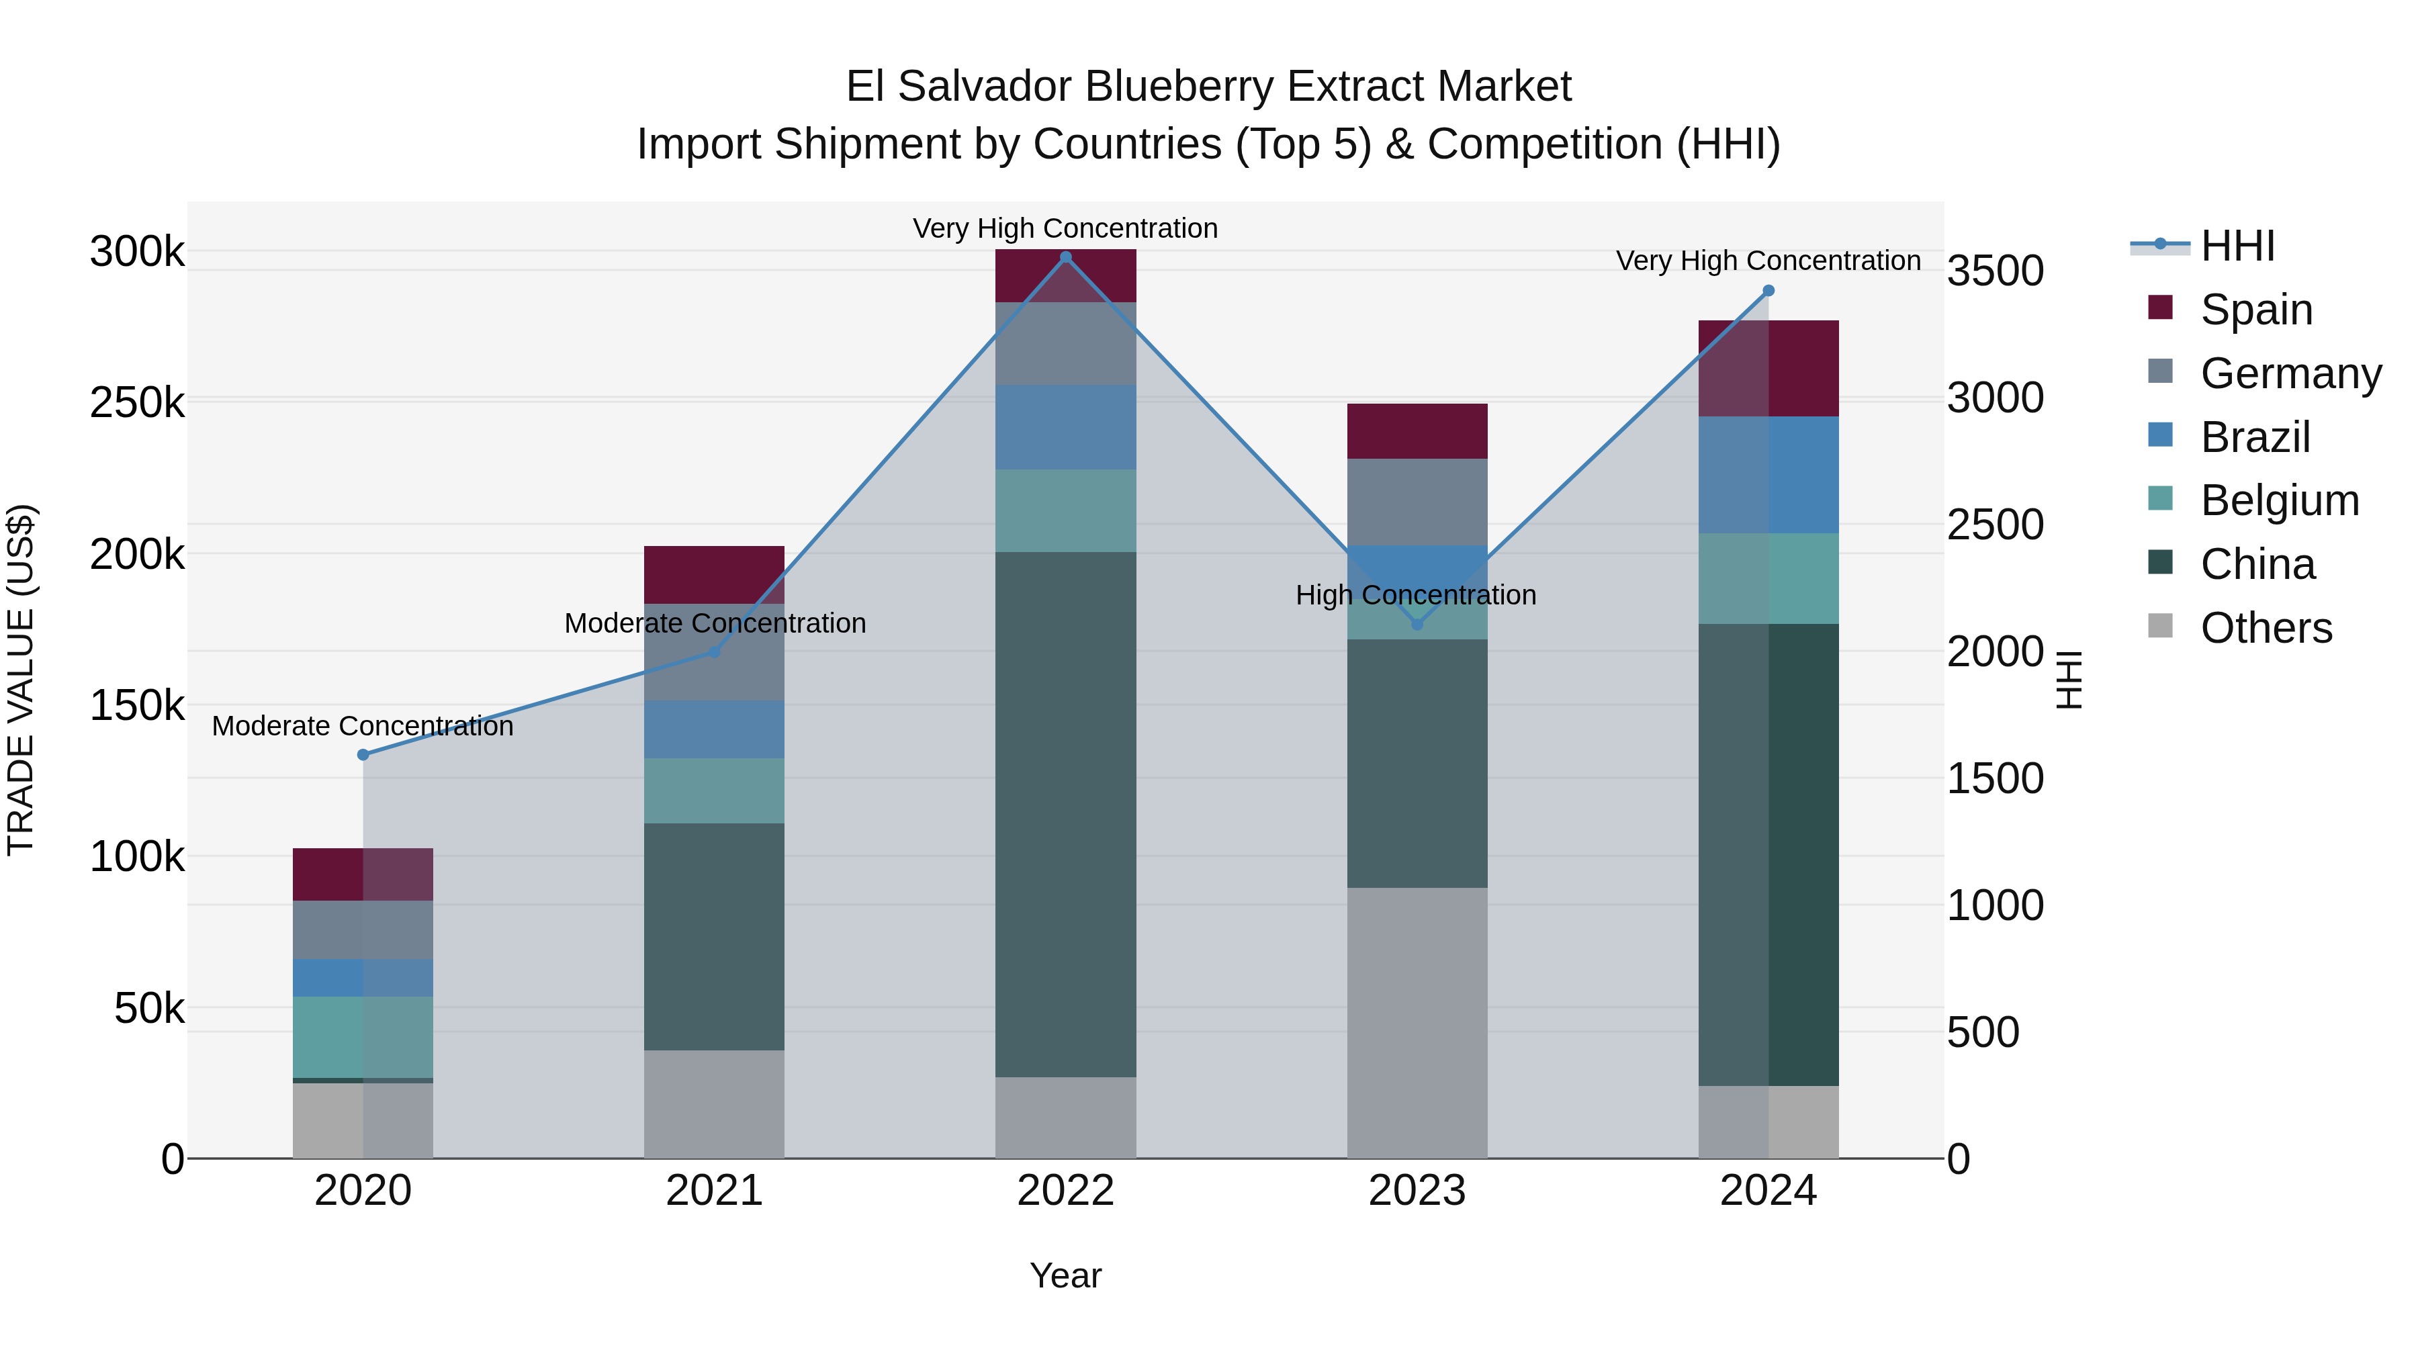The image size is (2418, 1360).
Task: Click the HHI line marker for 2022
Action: point(1065,257)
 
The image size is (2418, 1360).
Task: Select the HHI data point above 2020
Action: point(363,755)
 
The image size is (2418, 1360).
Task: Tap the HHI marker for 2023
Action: point(1417,624)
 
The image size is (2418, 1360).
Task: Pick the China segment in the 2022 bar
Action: point(1065,814)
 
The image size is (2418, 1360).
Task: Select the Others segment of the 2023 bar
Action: point(1417,1022)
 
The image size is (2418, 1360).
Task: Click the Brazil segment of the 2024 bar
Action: point(1768,475)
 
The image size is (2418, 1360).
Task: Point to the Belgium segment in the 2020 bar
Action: point(363,1037)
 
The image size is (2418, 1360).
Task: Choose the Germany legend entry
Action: point(2290,373)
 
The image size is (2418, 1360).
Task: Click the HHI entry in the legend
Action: point(2237,246)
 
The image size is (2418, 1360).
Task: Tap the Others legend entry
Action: point(2266,628)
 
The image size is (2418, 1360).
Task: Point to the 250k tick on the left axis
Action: point(137,404)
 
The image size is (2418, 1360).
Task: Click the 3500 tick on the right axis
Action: point(1995,271)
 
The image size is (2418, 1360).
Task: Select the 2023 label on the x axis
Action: point(1417,1191)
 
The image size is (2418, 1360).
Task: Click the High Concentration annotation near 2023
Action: point(1415,595)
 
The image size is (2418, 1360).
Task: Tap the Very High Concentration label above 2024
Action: point(1768,261)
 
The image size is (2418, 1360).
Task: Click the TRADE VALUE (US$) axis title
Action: point(21,680)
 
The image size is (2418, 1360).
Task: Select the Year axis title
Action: point(1065,1275)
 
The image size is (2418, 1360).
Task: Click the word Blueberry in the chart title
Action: point(1185,87)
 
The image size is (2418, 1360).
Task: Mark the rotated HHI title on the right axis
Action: point(2069,680)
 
